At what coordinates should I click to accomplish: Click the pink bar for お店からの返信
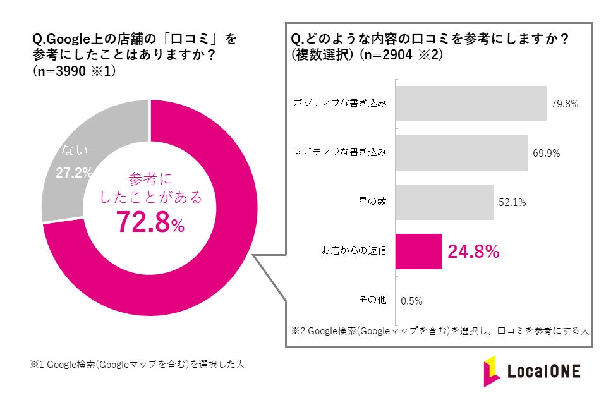[x=418, y=252]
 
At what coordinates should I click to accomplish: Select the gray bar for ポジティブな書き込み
[x=470, y=104]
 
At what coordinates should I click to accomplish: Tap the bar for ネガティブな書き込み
[x=461, y=153]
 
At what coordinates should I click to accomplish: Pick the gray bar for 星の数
[x=444, y=202]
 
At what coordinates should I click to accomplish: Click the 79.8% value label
[x=564, y=104]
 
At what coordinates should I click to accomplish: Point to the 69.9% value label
[x=545, y=153]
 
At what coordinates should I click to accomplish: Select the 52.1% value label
[x=512, y=202]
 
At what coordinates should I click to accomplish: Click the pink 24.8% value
[x=473, y=252]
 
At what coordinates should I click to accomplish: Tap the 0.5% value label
[x=411, y=301]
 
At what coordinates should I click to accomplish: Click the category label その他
[x=373, y=301]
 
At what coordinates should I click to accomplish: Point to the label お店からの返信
[x=354, y=252]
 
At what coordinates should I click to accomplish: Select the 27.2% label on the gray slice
[x=75, y=173]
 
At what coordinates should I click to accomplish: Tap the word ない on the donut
[x=75, y=150]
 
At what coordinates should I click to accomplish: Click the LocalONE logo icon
[x=492, y=371]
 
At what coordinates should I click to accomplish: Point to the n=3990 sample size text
[x=73, y=71]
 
